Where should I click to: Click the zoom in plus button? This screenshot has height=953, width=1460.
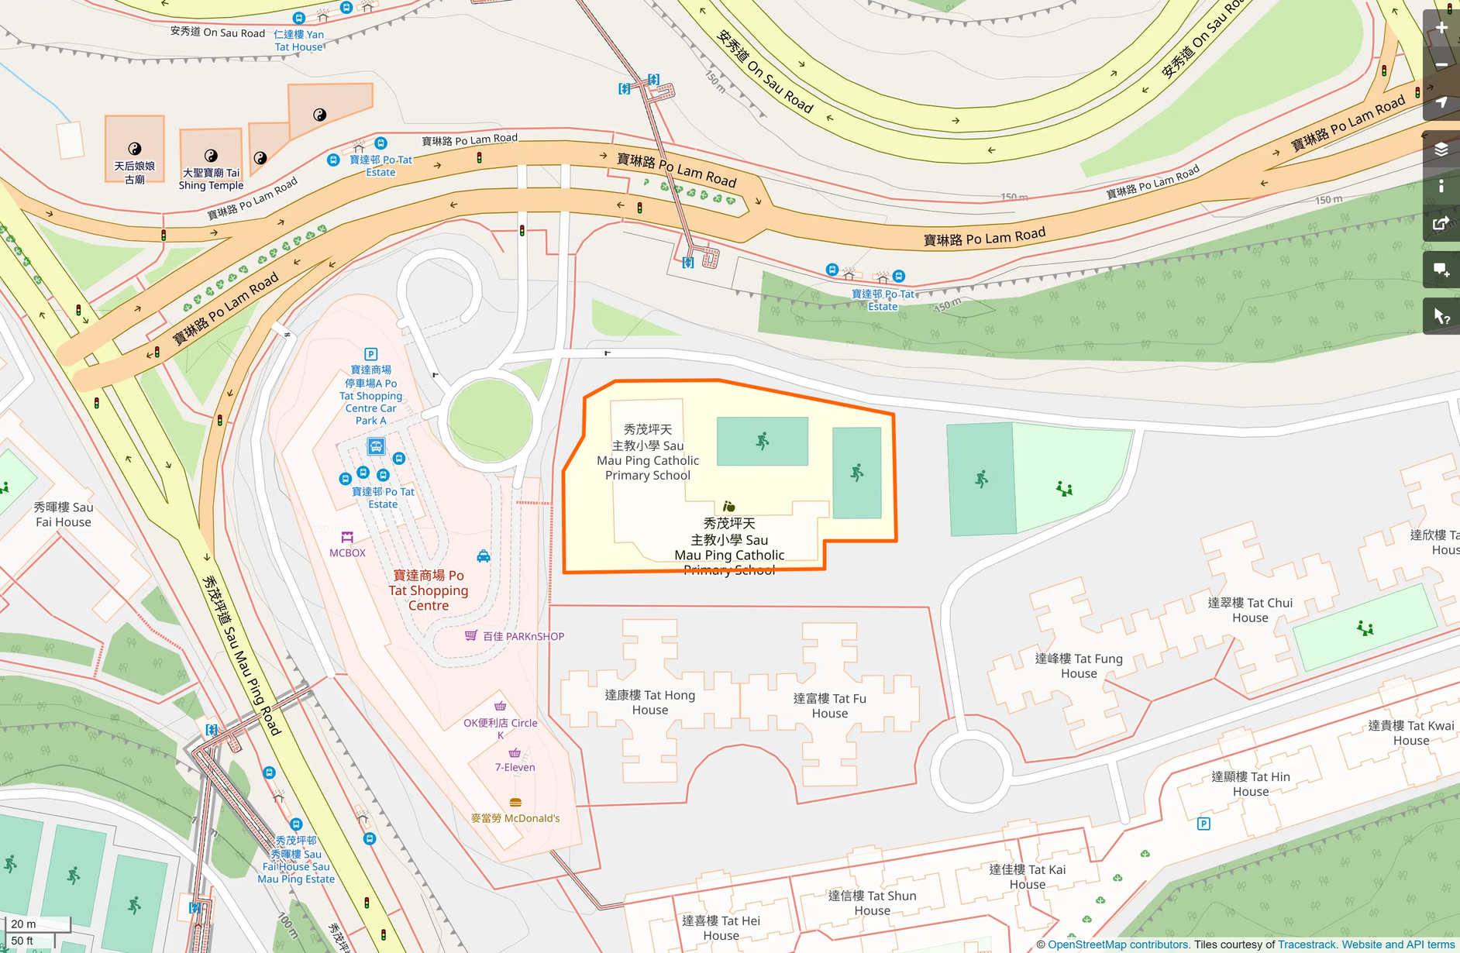[x=1441, y=28]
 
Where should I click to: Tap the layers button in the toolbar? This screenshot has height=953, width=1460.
[x=1441, y=150]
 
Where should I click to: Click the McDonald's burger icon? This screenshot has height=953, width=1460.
[x=515, y=803]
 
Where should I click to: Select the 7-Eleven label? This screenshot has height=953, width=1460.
[x=515, y=767]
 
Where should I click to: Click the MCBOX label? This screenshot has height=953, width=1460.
[x=347, y=552]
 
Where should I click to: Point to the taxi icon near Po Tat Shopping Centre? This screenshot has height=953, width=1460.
[x=484, y=556]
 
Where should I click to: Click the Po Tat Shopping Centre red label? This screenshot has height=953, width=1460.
[x=429, y=590]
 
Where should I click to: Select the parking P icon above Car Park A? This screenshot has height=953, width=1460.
[x=370, y=354]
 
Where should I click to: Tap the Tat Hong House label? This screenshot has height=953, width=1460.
[x=649, y=702]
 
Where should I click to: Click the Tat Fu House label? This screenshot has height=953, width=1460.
[x=829, y=705]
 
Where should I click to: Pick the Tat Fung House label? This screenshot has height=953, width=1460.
[x=1079, y=666]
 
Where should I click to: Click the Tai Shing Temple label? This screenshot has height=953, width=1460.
[x=211, y=179]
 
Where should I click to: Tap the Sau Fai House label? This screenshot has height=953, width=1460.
[x=64, y=514]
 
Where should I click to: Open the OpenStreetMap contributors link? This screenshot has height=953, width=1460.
[x=1117, y=944]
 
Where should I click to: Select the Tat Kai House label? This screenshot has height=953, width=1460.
[x=1027, y=876]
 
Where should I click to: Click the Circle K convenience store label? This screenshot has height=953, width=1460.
[x=500, y=728]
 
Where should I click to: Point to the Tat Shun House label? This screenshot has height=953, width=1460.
[x=872, y=903]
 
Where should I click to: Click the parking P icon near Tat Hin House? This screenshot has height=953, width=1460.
[x=1203, y=824]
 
